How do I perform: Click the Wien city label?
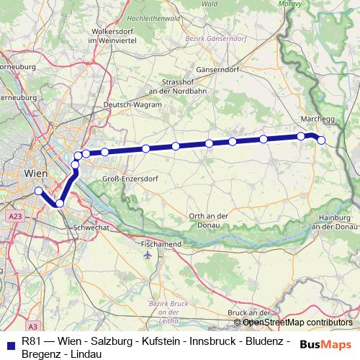[35, 174]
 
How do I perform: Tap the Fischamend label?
[161, 243]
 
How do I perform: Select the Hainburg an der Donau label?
[334, 223]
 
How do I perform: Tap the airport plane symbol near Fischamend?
[148, 255]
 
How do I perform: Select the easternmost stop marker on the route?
[321, 140]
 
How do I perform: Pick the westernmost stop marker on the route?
[38, 191]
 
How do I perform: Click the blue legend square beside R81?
[9, 343]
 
